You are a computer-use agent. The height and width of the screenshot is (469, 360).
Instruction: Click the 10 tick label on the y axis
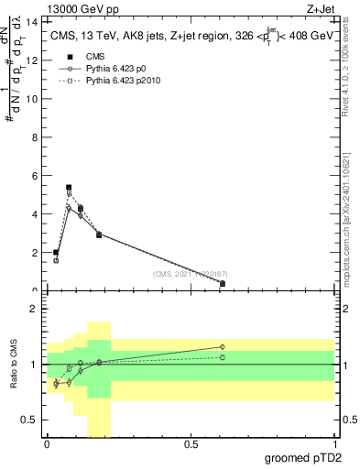33,99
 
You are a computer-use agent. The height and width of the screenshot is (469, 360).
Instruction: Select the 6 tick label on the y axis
35,176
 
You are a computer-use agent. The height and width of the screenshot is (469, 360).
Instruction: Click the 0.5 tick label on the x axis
191,444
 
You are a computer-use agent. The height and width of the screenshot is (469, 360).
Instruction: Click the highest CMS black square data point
69,188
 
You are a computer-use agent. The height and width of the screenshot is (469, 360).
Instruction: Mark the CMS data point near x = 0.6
223,284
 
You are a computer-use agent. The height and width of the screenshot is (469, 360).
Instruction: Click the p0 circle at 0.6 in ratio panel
223,347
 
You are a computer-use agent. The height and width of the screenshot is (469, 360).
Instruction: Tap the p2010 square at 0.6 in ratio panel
223,357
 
